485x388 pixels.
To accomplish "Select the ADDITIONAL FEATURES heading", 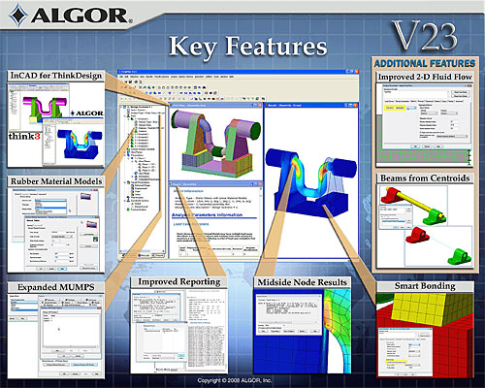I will click(427, 62).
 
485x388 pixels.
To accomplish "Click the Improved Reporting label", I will click(178, 282).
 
